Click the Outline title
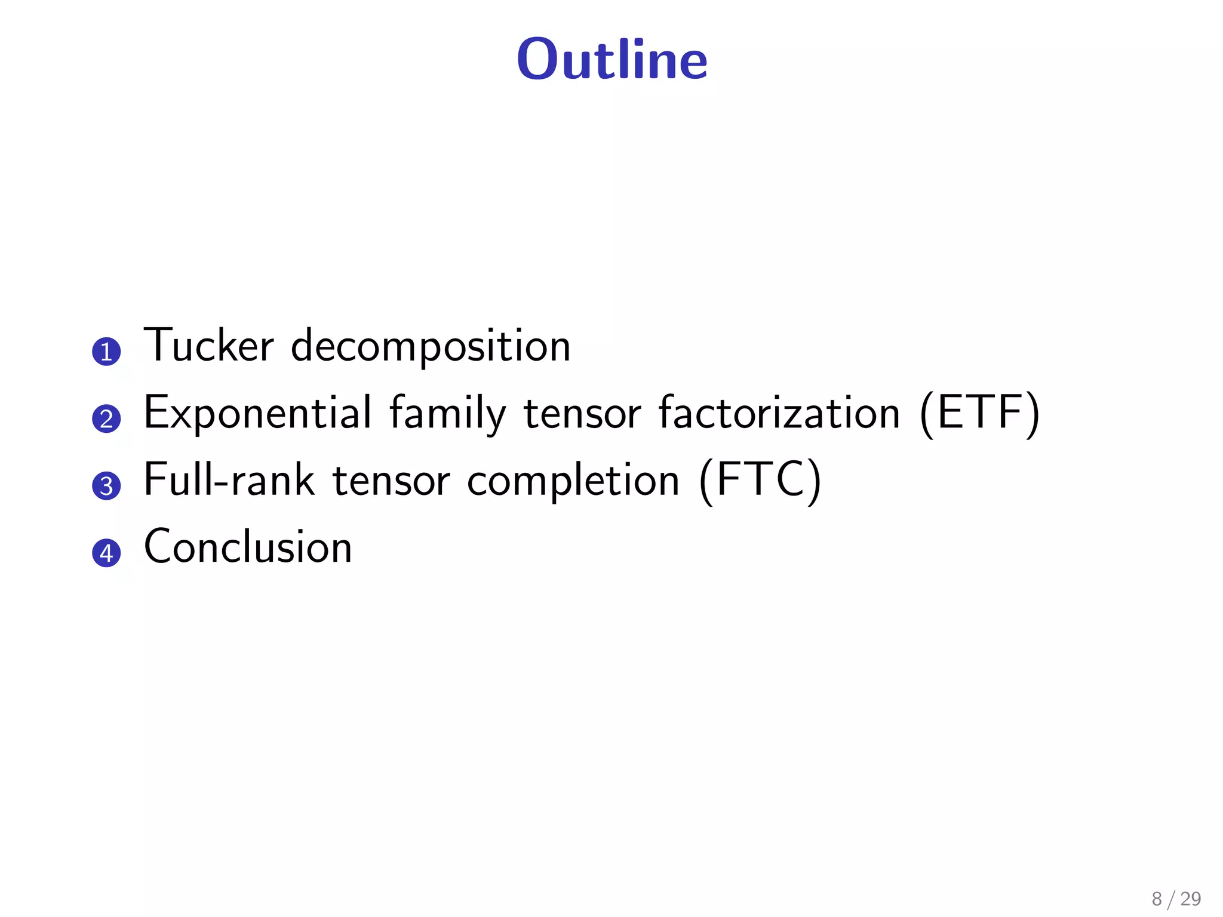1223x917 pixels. click(x=612, y=59)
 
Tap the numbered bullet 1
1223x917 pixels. click(x=106, y=352)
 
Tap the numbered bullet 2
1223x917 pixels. click(x=106, y=419)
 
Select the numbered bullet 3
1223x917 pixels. click(x=106, y=486)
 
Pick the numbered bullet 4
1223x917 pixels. click(x=106, y=553)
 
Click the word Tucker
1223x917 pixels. click(x=208, y=346)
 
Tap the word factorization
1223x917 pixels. click(x=779, y=413)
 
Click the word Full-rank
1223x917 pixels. click(x=229, y=480)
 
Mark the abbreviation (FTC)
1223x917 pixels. click(x=760, y=481)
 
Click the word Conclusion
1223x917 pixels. click(x=248, y=547)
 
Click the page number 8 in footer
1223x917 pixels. click(x=1157, y=898)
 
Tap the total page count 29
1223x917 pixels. click(x=1191, y=898)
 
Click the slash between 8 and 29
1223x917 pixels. click(x=1172, y=899)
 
